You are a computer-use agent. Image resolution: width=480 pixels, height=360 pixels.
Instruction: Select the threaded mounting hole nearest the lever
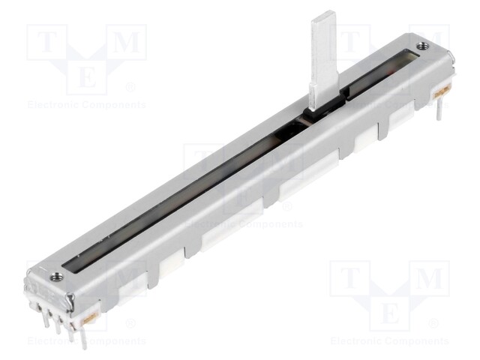pyautogui.click(x=424, y=46)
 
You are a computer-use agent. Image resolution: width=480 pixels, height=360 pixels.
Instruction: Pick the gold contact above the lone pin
pyautogui.click(x=442, y=91)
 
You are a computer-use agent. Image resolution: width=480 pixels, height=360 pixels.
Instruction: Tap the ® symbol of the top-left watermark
pyautogui.click(x=130, y=87)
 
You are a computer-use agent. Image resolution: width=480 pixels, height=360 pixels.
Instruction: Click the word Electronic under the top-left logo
pyautogui.click(x=55, y=105)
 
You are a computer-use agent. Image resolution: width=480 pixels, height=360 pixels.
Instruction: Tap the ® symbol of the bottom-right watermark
pyautogui.click(x=433, y=323)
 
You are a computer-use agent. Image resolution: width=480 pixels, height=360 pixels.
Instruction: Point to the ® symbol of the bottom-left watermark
pyautogui.click(x=130, y=323)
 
